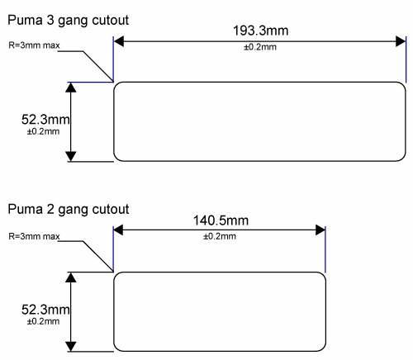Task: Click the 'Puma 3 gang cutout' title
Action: pyautogui.click(x=68, y=21)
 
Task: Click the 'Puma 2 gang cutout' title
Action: pyautogui.click(x=69, y=210)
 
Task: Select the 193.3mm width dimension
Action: pyautogui.click(x=261, y=31)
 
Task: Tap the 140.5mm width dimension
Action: pyautogui.click(x=221, y=220)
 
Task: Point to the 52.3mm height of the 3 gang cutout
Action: pyautogui.click(x=45, y=120)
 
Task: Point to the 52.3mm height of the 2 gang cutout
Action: pyautogui.click(x=45, y=310)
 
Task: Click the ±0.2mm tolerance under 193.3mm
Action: pyautogui.click(x=260, y=47)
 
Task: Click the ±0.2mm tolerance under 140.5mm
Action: pyautogui.click(x=220, y=236)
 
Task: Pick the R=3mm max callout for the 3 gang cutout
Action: pyautogui.click(x=34, y=45)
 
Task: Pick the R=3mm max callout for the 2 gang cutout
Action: pyautogui.click(x=34, y=236)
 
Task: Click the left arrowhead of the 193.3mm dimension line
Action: pyautogui.click(x=119, y=41)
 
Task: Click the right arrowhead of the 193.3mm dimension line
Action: pyautogui.click(x=401, y=41)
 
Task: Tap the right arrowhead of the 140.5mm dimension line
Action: pyautogui.click(x=320, y=230)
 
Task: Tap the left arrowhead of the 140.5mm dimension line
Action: pyautogui.click(x=118, y=230)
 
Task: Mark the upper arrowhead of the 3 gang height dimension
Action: pyautogui.click(x=71, y=88)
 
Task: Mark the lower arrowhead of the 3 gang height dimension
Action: pyautogui.click(x=71, y=156)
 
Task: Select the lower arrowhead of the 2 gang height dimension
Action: pyautogui.click(x=71, y=346)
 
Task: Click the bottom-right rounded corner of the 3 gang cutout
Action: pyautogui.click(x=403, y=159)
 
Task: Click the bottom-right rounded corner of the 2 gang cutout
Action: pyautogui.click(x=323, y=348)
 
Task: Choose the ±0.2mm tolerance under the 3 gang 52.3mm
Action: pyautogui.click(x=43, y=131)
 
